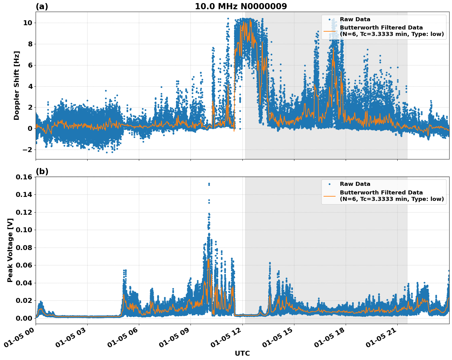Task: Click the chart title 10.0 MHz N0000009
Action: pyautogui.click(x=241, y=6)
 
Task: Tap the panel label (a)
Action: pyautogui.click(x=42, y=6)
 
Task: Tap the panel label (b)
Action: pyautogui.click(x=42, y=171)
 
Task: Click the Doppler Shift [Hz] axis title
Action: pyautogui.click(x=17, y=85)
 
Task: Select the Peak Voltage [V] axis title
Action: pyautogui.click(x=10, y=250)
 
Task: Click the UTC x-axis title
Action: pyautogui.click(x=242, y=353)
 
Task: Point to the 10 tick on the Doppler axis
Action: pyautogui.click(x=28, y=23)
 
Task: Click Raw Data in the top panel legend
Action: pyautogui.click(x=355, y=19)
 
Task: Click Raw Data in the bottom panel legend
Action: pyautogui.click(x=355, y=184)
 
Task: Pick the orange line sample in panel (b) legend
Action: pyautogui.click(x=329, y=196)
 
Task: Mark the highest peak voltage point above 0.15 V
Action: pyautogui.click(x=209, y=184)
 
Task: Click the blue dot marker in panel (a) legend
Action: pyautogui.click(x=329, y=19)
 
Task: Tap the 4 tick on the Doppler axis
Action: pyautogui.click(x=30, y=86)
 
